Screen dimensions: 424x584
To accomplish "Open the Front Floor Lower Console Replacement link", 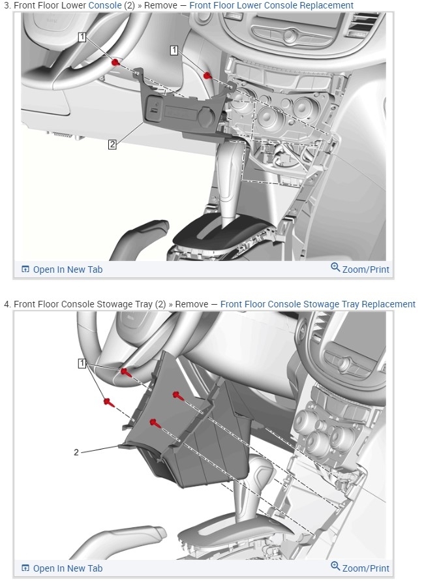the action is pos(271,6).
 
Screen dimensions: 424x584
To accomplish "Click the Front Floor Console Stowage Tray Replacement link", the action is pos(318,304).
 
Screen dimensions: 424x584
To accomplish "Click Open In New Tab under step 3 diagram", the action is pos(62,269).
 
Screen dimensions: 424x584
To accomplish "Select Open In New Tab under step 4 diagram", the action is pos(62,568).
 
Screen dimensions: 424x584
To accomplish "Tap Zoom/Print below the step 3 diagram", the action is pos(360,269).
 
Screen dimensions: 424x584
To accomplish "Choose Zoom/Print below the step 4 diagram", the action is pos(360,568).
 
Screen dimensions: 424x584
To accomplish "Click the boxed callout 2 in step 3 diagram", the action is pos(112,144).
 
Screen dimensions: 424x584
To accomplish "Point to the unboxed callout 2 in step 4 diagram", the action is pos(76,452).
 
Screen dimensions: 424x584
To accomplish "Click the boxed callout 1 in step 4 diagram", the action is pos(82,363).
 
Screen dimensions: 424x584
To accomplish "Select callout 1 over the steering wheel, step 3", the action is pos(82,37).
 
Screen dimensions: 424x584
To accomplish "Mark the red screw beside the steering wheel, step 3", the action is pos(115,62).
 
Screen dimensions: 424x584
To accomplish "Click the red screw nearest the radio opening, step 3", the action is pos(207,76).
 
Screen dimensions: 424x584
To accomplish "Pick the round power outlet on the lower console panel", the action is pos(205,116).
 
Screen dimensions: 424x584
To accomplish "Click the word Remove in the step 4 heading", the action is pos(191,304).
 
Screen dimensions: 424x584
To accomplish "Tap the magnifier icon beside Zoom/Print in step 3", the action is pos(335,267).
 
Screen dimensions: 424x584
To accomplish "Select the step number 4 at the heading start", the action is pos(7,304).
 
